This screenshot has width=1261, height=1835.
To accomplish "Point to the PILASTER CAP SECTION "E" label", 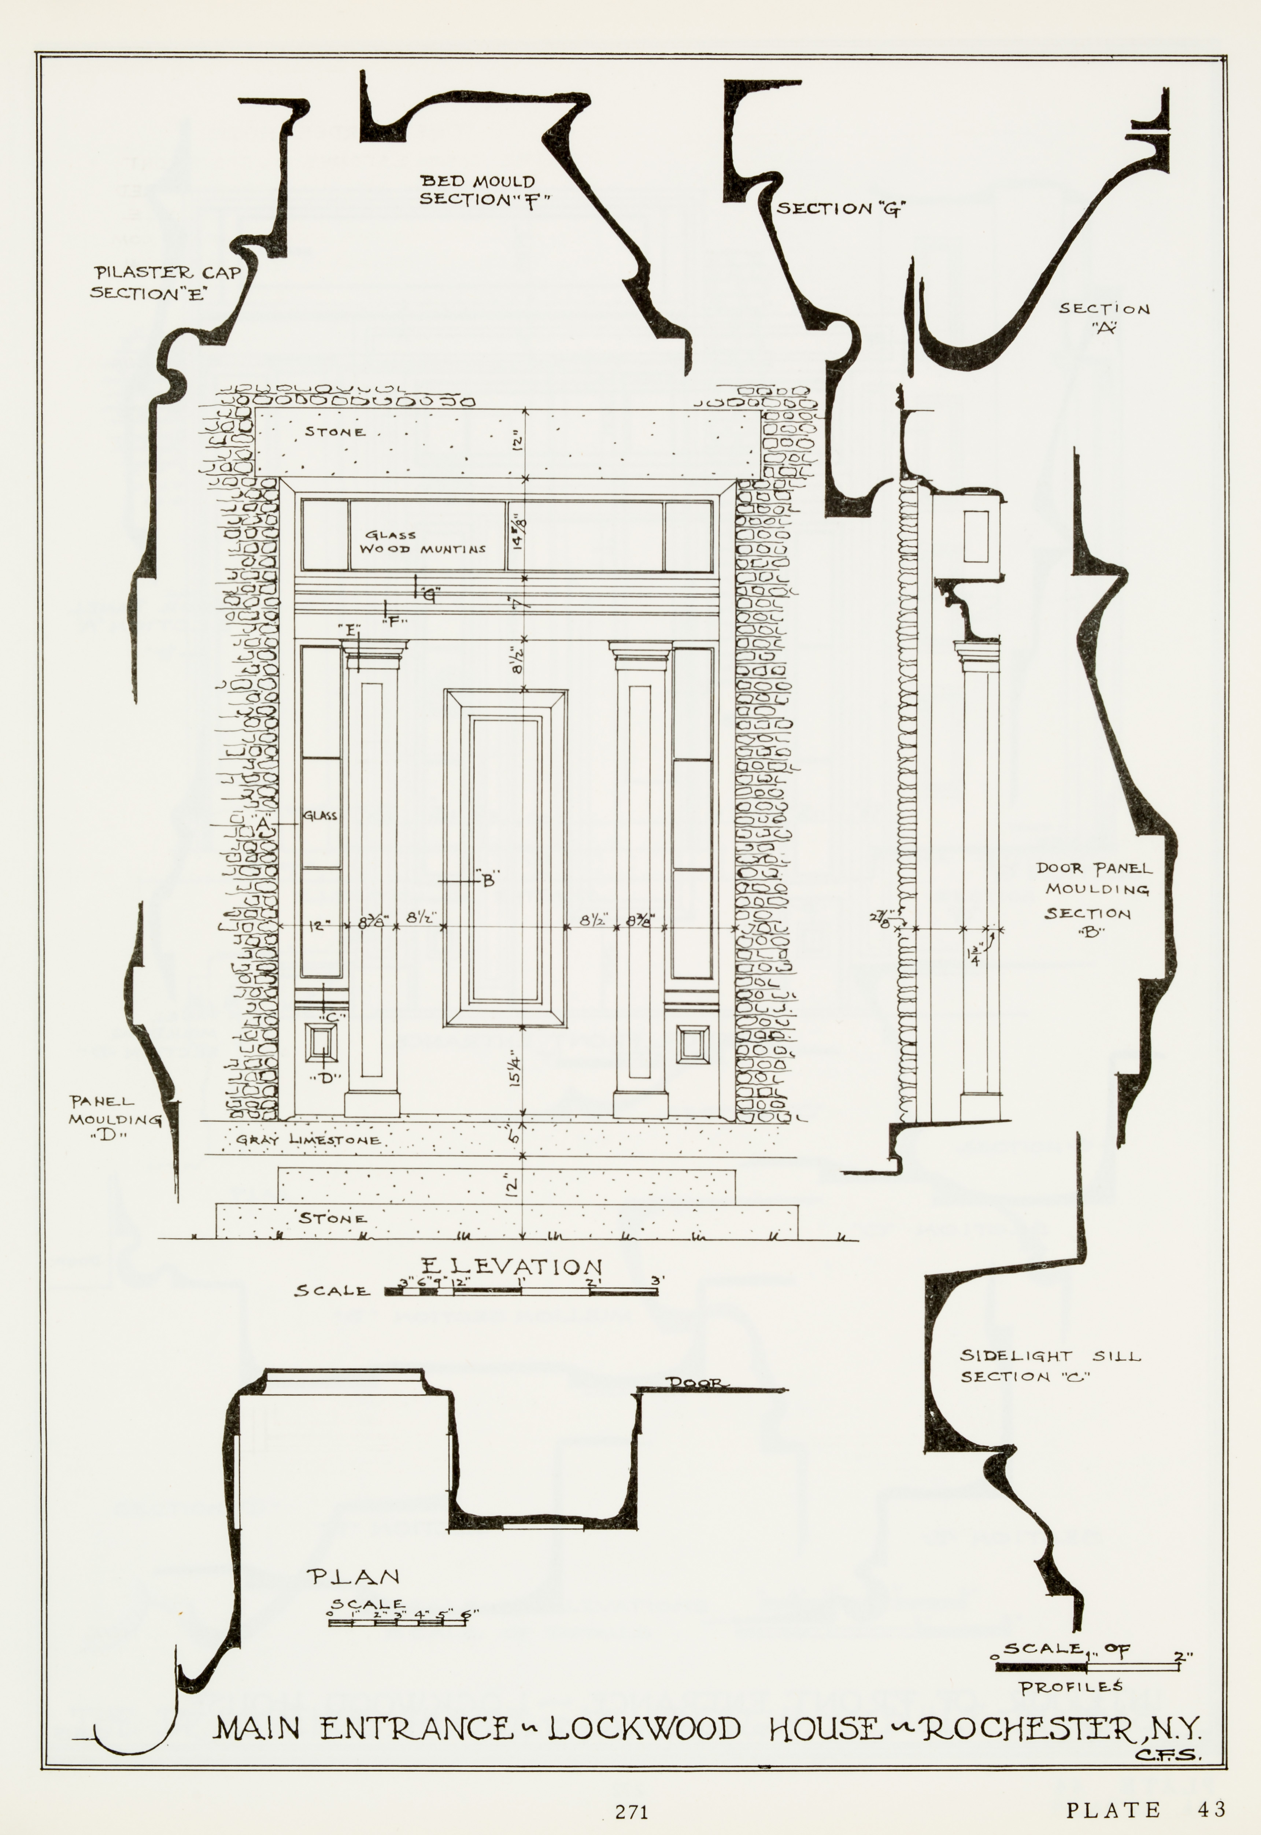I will click(x=166, y=282).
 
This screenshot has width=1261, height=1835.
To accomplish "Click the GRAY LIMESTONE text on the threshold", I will click(x=308, y=1140).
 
